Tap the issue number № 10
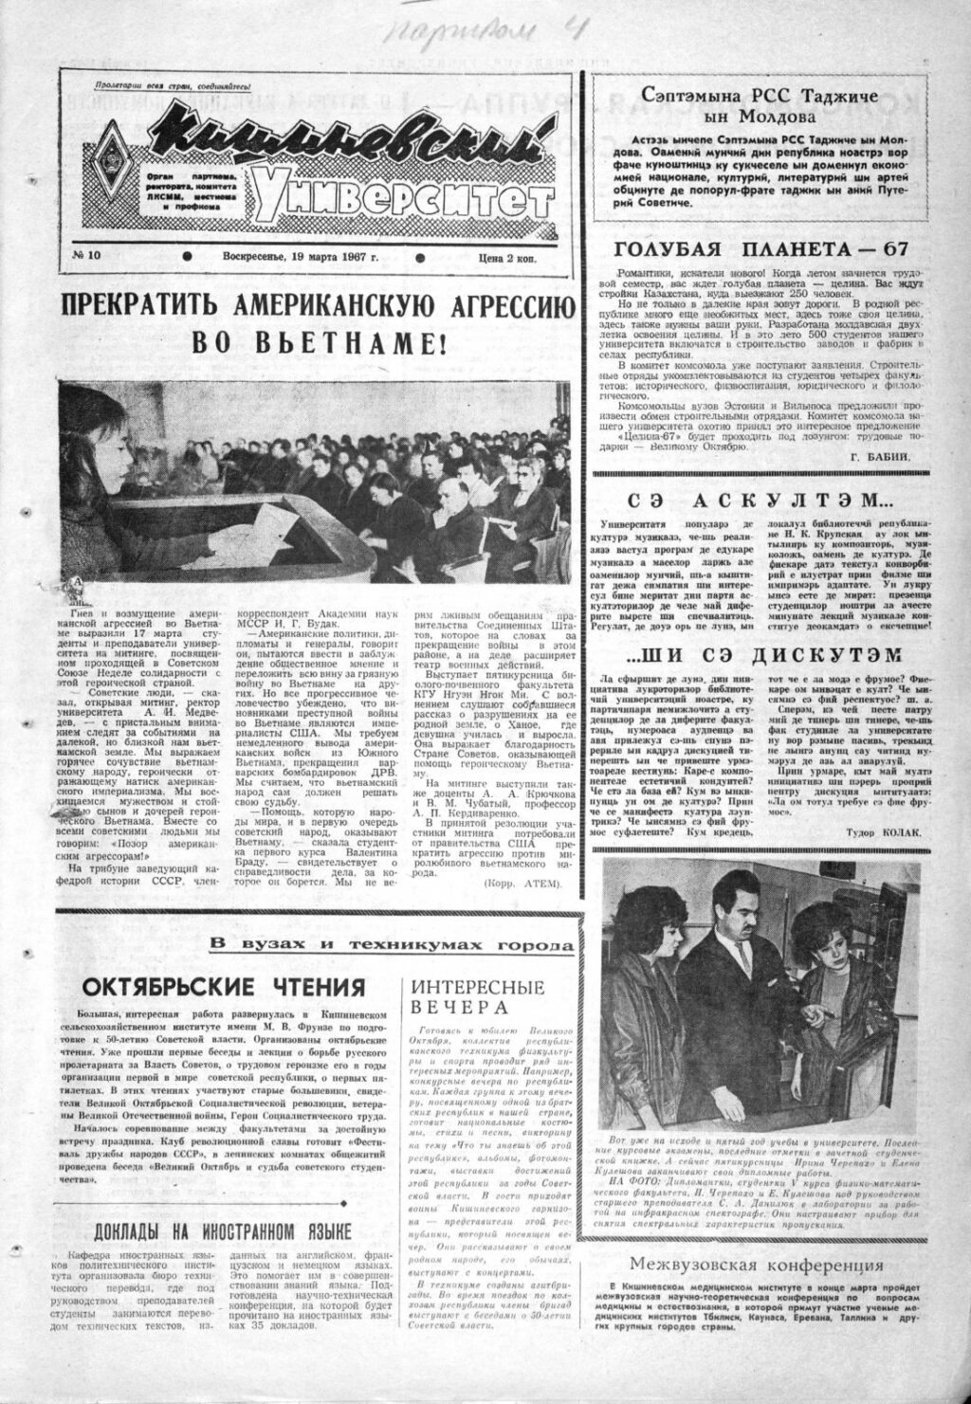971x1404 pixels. [x=88, y=256]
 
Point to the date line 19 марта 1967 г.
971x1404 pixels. [x=301, y=256]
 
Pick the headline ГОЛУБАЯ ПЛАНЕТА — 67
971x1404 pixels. [x=761, y=249]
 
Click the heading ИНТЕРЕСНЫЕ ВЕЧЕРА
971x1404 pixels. [x=479, y=997]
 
